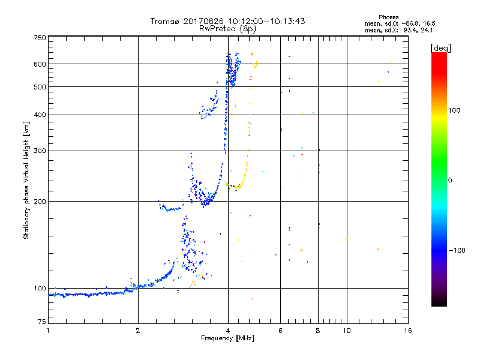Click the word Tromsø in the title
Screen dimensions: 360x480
click(166, 21)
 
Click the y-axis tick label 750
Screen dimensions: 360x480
click(39, 38)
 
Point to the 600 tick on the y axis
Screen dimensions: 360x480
click(39, 64)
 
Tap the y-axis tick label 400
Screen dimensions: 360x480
click(39, 115)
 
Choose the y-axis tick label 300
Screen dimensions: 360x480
click(39, 151)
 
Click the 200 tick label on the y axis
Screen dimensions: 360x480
click(39, 201)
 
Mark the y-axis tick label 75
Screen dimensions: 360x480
click(41, 324)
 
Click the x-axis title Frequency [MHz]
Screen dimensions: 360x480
click(227, 339)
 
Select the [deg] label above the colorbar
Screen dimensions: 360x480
click(441, 47)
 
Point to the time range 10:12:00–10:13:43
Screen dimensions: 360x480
click(266, 21)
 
